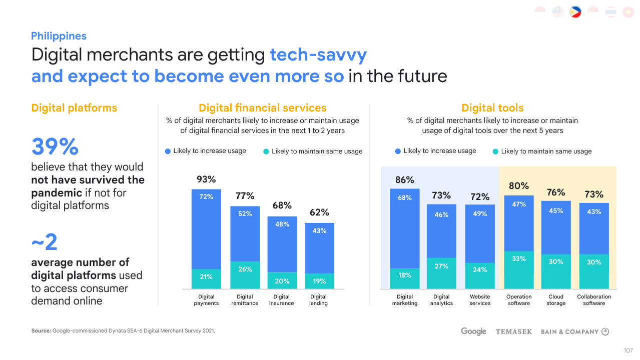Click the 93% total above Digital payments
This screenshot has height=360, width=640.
tap(206, 179)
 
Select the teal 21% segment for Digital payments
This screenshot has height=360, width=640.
tap(206, 278)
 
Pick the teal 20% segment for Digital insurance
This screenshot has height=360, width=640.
tap(282, 280)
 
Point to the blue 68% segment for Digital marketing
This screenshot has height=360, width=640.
tap(404, 228)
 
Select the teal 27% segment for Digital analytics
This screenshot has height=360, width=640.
tap(441, 273)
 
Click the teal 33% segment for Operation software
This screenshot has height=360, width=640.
tap(519, 269)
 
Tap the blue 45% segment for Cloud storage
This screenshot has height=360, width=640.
tap(556, 227)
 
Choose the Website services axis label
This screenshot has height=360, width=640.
tap(480, 300)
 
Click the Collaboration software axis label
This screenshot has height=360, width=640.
tap(594, 300)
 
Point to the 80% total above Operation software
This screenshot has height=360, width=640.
tap(519, 186)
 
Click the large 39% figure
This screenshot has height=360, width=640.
tap(55, 147)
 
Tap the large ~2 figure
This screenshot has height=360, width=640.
tap(45, 243)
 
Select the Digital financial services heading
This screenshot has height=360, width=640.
tap(262, 108)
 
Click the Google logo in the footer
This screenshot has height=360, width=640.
tap(473, 331)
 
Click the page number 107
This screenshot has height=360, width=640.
tap(628, 350)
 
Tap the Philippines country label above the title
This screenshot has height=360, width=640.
tap(59, 36)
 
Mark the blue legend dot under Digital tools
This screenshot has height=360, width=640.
tap(398, 151)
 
